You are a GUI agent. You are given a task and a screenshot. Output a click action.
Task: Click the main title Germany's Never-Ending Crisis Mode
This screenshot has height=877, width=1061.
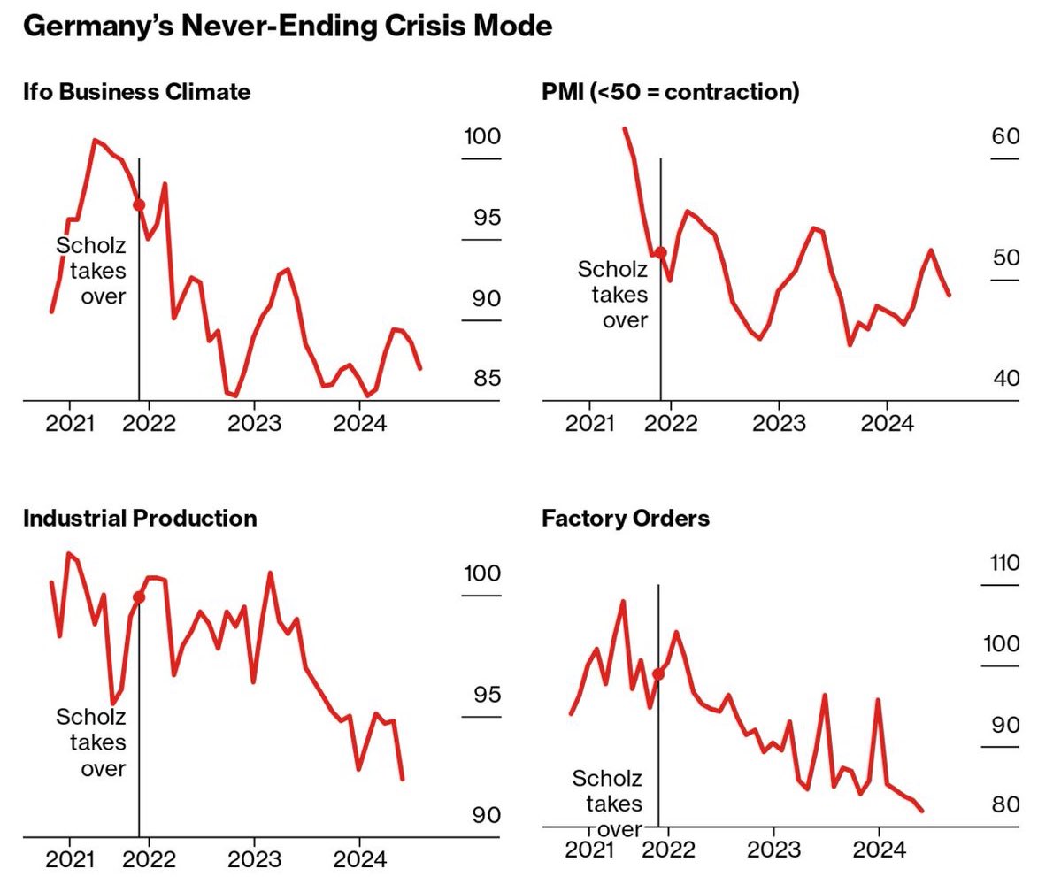tap(287, 26)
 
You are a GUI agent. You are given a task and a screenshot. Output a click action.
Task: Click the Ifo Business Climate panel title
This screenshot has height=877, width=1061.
tap(136, 91)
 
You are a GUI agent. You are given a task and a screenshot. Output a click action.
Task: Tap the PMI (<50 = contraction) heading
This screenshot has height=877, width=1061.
tap(670, 91)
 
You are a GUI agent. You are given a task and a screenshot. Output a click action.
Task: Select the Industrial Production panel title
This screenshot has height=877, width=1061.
tap(140, 518)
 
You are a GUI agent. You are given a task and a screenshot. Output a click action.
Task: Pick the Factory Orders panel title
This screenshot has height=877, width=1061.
tap(625, 518)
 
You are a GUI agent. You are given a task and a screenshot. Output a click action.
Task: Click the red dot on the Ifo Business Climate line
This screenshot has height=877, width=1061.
tap(139, 204)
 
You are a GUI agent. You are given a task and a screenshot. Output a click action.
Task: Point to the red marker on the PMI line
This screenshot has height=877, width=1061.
tap(660, 252)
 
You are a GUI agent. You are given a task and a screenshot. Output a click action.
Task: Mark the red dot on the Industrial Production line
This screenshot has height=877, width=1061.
tap(139, 597)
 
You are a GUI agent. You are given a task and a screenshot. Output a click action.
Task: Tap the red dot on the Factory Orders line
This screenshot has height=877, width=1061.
tap(658, 673)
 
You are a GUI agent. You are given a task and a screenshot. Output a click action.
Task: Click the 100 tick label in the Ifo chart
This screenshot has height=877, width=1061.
tap(481, 137)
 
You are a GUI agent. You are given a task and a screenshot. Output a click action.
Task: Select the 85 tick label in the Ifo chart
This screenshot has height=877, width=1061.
tap(486, 379)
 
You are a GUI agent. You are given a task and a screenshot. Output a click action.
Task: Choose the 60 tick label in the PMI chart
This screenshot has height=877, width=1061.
tap(1005, 137)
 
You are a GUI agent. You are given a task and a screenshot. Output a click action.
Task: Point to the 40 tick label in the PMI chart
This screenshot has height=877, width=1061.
tap(1005, 379)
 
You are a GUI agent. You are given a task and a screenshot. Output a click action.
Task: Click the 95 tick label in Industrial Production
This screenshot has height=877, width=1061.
tap(486, 695)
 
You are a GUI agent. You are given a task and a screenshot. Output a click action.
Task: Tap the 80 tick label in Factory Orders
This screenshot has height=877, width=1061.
tap(1005, 805)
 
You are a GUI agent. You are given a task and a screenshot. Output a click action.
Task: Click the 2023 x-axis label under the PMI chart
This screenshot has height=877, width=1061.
tap(778, 423)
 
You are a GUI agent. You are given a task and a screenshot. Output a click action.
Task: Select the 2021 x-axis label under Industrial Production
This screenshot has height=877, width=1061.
tap(70, 858)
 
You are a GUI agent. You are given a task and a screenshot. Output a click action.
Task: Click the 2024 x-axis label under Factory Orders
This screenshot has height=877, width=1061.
tap(878, 850)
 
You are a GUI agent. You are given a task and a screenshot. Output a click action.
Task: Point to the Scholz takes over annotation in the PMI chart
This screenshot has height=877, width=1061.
tap(612, 294)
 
